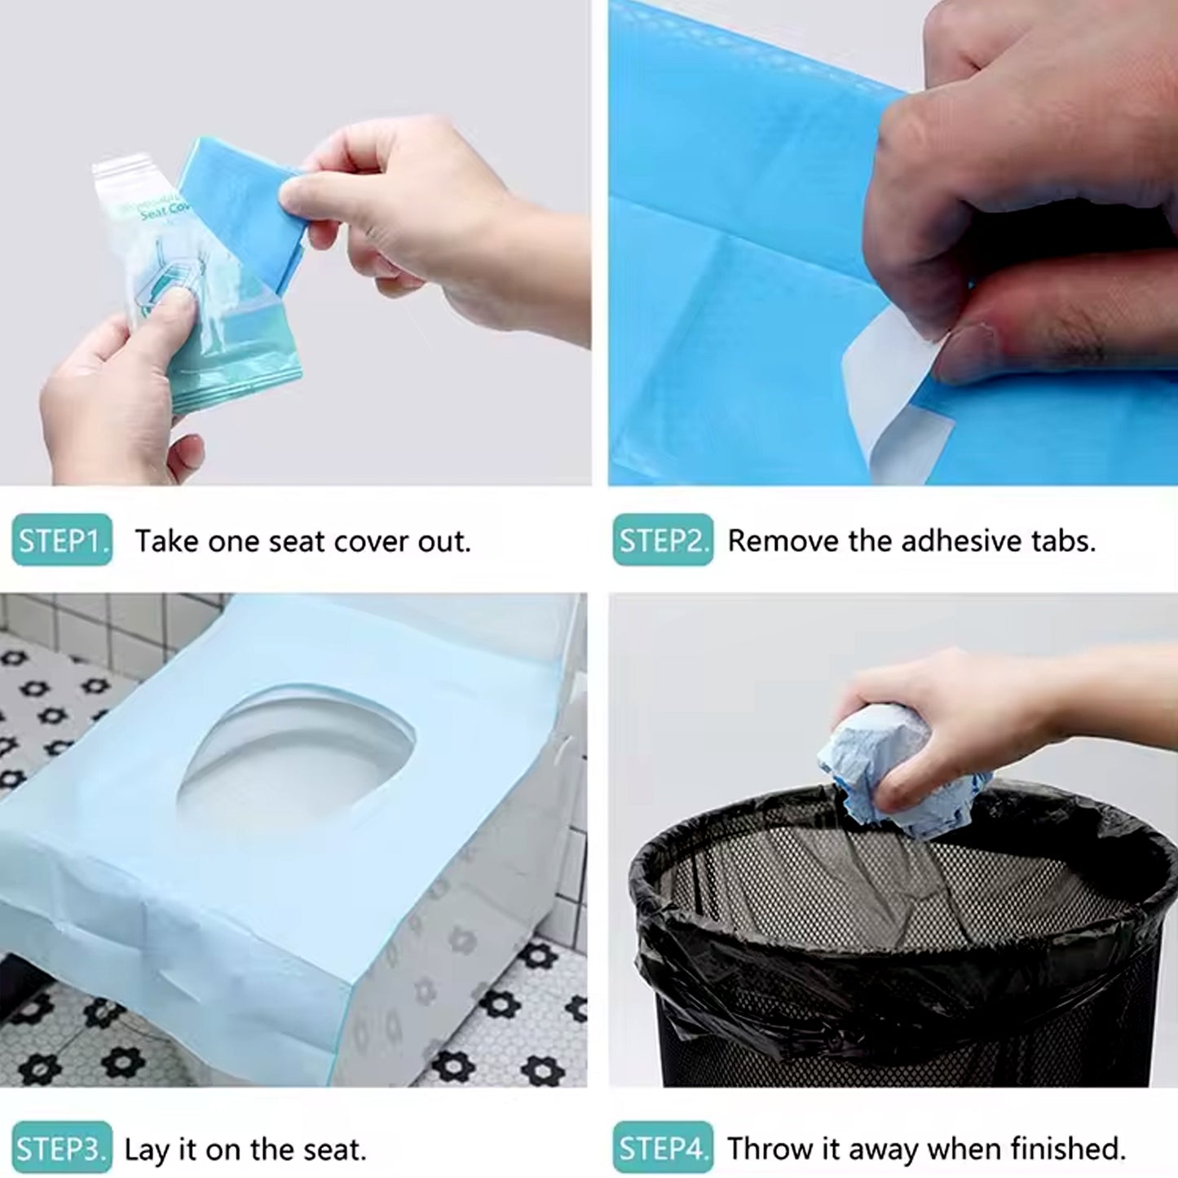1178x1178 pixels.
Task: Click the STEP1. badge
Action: [62, 540]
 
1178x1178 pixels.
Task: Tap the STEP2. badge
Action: [663, 540]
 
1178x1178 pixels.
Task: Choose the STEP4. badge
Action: [663, 1149]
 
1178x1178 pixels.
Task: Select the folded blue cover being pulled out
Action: [236, 204]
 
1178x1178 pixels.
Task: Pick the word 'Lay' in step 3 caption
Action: [147, 1149]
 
